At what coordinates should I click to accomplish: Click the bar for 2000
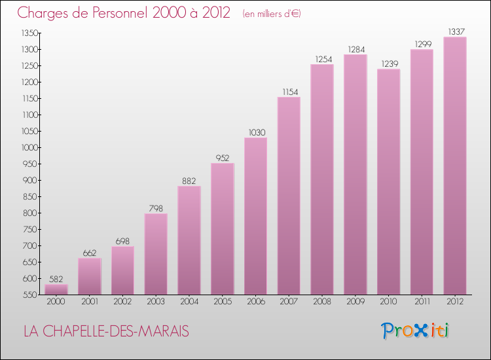[56, 289]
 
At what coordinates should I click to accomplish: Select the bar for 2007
[289, 196]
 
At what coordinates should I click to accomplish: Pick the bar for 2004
[189, 240]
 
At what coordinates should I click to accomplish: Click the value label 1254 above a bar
[322, 59]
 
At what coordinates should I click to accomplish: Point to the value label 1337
[455, 31]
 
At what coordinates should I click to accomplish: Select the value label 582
[56, 279]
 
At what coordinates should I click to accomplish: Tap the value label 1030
[255, 132]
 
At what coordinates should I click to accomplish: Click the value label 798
[156, 208]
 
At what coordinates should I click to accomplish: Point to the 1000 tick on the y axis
[29, 147]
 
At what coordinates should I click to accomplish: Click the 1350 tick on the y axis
[29, 33]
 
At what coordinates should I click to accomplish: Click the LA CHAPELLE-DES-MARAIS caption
[106, 332]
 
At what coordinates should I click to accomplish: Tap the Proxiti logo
[416, 331]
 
